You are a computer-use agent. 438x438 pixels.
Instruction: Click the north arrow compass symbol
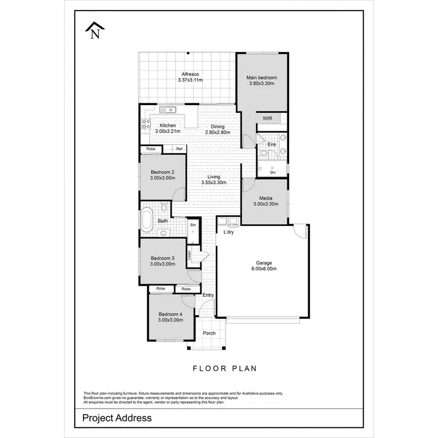coord(95,30)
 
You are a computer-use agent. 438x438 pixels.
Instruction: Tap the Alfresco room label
coord(190,74)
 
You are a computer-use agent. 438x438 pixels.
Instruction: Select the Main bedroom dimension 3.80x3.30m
coord(261,84)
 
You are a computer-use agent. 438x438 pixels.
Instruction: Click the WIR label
coord(267,119)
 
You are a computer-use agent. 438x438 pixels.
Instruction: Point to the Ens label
coord(272,144)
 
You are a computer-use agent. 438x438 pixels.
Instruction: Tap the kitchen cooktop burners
coord(144,123)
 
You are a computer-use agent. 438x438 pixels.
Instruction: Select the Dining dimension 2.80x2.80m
coord(218,132)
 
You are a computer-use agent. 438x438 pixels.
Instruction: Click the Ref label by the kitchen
coord(179,149)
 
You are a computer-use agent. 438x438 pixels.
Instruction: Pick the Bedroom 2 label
coord(162,172)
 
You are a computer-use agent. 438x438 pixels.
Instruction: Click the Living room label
coord(218,176)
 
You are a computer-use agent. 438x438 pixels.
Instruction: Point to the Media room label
coord(266,198)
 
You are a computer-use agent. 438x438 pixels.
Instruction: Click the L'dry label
coord(229,232)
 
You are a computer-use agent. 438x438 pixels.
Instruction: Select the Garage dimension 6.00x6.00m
coord(263,269)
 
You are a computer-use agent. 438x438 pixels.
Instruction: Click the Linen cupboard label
coord(189,255)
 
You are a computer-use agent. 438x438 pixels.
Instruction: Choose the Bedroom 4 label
coord(170,313)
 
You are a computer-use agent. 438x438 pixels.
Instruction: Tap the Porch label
coord(209,333)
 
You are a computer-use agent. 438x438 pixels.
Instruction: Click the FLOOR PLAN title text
coord(225,369)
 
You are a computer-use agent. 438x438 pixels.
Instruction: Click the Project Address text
coord(117,418)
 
